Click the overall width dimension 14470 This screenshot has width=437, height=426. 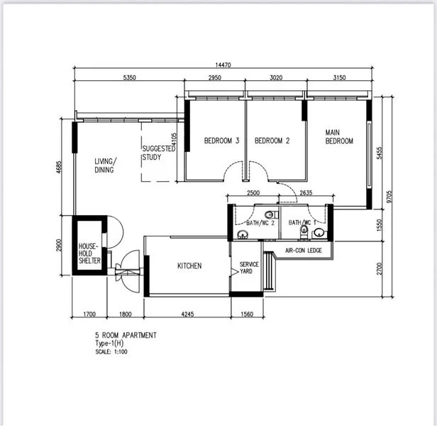click(223, 65)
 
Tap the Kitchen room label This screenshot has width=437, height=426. click(189, 266)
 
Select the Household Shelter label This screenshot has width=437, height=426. click(89, 253)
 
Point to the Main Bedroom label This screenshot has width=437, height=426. click(339, 136)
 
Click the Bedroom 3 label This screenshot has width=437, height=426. click(221, 141)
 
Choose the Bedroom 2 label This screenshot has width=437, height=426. click(272, 141)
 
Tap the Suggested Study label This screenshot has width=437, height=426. click(159, 153)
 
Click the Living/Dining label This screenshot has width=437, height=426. click(106, 165)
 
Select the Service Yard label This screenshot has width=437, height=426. click(249, 268)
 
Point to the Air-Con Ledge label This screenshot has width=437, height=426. click(304, 250)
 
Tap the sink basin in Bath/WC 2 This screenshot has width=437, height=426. click(243, 234)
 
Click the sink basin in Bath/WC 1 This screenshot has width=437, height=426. click(319, 232)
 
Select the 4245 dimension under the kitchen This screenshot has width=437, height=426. click(187, 314)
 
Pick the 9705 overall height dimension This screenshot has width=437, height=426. click(389, 197)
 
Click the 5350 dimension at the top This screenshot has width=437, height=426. click(130, 77)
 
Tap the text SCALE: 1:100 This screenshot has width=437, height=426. click(111, 351)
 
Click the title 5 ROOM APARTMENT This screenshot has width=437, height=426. click(126, 335)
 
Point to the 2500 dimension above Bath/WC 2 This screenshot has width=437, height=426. click(253, 192)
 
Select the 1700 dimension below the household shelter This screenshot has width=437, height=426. click(89, 314)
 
